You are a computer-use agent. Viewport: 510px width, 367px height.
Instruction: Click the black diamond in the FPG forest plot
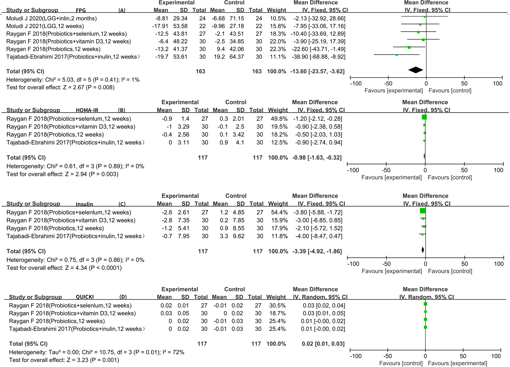click(x=416, y=70)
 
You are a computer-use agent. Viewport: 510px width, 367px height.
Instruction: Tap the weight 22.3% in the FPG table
click(x=276, y=49)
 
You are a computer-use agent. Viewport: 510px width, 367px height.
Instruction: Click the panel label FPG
click(x=81, y=11)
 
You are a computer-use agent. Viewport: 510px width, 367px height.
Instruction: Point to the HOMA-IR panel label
click(x=87, y=110)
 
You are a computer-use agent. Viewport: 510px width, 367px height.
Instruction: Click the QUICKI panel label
click(x=85, y=297)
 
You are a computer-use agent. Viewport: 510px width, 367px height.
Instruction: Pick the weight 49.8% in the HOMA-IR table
click(x=278, y=119)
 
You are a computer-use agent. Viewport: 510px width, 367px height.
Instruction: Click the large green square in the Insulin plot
click(x=422, y=211)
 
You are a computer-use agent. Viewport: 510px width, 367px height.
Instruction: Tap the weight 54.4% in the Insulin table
click(x=278, y=212)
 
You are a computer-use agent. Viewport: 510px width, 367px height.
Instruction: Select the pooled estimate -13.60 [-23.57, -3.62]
click(x=317, y=71)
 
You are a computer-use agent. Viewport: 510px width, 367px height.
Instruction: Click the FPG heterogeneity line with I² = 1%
click(x=73, y=80)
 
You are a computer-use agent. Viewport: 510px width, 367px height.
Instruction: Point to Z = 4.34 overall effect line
click(x=64, y=268)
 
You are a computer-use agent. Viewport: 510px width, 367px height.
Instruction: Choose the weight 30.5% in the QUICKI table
click(x=276, y=306)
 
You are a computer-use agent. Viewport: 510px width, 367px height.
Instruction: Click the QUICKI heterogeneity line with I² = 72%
click(x=96, y=352)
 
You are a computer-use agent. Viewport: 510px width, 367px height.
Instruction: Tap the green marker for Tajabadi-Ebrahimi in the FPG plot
click(x=397, y=55)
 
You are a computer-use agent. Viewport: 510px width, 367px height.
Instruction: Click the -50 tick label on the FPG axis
click(x=388, y=83)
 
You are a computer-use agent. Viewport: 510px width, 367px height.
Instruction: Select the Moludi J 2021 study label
click(x=45, y=26)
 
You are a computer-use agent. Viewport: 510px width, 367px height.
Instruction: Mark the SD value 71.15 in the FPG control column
click(x=236, y=19)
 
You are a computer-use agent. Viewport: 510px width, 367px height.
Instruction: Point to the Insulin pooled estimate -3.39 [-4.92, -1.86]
click(x=317, y=251)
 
